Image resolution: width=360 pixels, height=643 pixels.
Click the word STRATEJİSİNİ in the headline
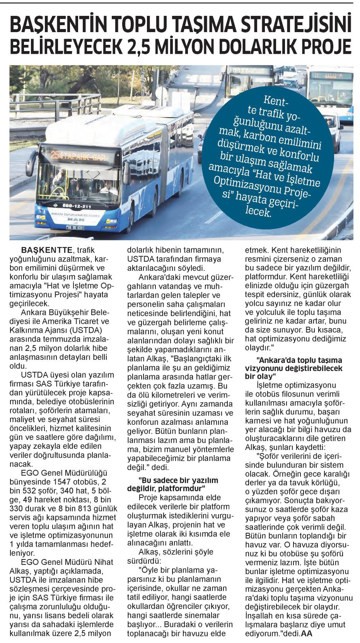297,25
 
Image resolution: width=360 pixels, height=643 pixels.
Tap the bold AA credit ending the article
306,633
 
